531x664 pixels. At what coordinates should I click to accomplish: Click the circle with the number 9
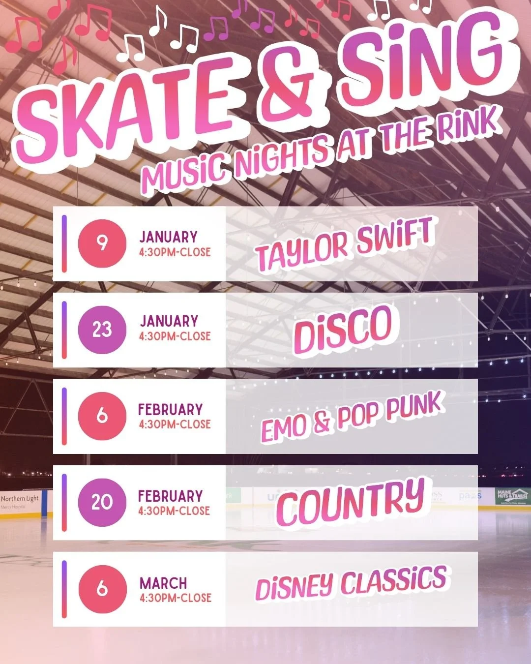coord(102,243)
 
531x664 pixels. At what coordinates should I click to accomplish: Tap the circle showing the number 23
coord(102,330)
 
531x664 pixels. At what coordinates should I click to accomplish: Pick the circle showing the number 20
coord(102,502)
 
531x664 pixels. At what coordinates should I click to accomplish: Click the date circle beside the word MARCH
coord(102,589)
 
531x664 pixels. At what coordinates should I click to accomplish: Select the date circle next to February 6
coord(102,416)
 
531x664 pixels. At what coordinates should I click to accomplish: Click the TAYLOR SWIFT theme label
coord(344,244)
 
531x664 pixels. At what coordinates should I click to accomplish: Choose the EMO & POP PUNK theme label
coord(352,418)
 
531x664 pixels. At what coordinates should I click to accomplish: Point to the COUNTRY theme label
coord(350,502)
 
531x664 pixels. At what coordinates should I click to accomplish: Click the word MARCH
coord(163,583)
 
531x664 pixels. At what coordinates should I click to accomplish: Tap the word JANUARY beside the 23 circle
coord(169,321)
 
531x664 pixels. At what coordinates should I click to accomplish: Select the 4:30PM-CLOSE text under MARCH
coord(175,598)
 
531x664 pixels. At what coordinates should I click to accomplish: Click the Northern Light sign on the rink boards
coord(20,501)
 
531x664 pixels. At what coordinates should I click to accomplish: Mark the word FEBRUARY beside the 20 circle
coord(170,496)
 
